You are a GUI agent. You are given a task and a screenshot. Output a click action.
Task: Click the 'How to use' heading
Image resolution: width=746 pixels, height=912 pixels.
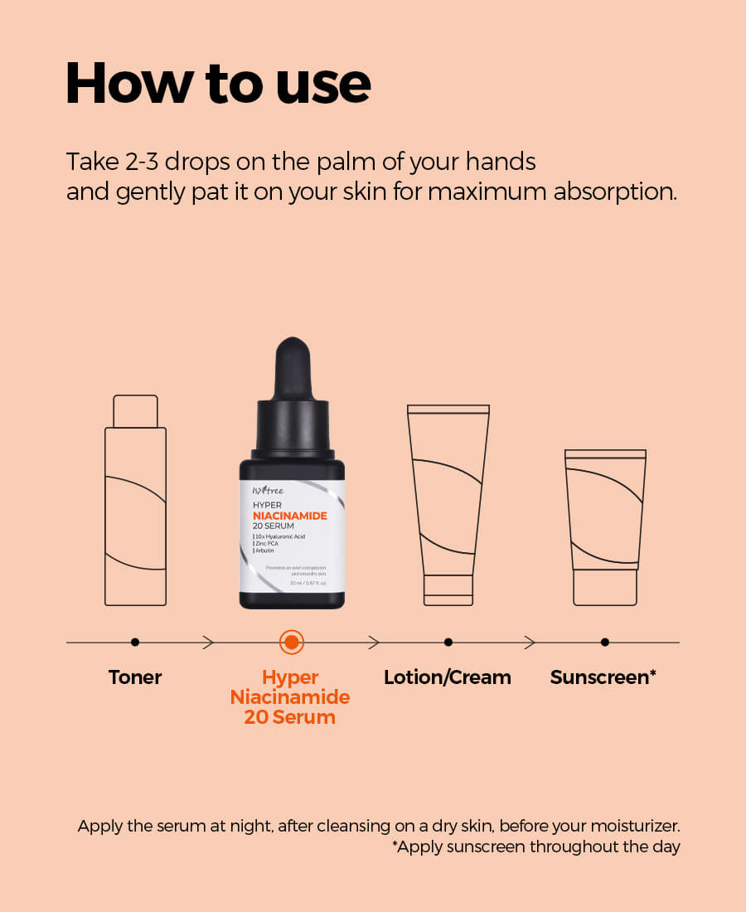click(218, 84)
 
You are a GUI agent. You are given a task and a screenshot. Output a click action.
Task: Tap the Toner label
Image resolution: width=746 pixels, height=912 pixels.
click(135, 677)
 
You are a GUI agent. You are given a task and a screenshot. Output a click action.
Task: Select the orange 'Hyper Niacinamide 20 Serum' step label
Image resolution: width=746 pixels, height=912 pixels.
click(290, 697)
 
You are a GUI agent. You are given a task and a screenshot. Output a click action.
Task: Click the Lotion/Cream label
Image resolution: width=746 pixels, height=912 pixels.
click(448, 677)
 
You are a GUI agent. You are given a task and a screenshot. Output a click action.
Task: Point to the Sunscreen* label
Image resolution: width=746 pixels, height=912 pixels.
click(603, 677)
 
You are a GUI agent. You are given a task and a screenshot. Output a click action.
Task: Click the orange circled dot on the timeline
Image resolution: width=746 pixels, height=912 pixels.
click(291, 642)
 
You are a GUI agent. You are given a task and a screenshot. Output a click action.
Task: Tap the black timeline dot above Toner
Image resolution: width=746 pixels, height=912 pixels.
click(135, 642)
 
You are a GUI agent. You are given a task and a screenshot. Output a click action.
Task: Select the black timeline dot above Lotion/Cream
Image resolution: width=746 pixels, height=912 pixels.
click(448, 642)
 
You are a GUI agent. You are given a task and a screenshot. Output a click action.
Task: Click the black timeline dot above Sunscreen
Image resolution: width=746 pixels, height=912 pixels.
click(605, 642)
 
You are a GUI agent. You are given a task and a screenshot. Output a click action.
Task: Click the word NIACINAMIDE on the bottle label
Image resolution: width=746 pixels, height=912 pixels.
click(290, 516)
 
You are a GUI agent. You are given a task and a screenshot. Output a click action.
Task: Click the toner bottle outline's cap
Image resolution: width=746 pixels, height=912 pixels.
click(135, 411)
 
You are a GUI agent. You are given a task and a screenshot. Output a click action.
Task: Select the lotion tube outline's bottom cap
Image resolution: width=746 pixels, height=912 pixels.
click(448, 589)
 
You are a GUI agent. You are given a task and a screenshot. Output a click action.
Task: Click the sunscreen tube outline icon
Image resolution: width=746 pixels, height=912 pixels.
click(605, 526)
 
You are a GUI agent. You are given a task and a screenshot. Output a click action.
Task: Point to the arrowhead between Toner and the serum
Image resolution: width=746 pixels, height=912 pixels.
click(208, 642)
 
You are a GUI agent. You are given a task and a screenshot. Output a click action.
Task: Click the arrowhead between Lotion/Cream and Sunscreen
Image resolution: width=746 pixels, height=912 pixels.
click(530, 642)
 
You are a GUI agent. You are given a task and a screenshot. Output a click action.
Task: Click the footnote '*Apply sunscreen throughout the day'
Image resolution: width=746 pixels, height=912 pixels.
click(535, 847)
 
